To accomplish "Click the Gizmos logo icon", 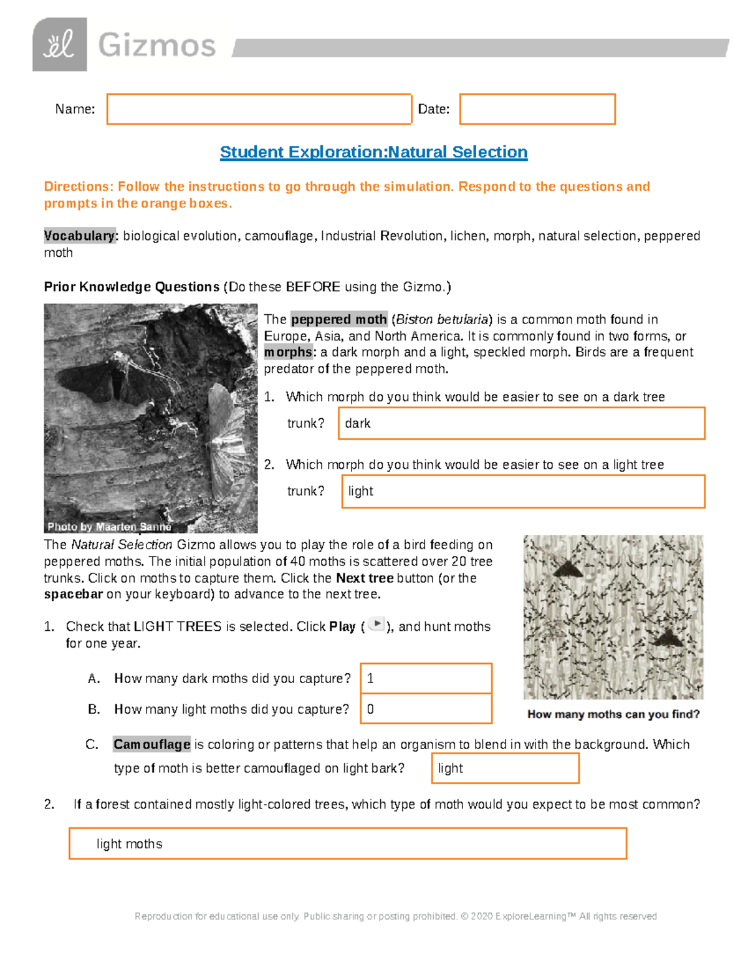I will pos(59,45).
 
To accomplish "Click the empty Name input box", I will pos(259,109).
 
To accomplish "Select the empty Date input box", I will pos(537,109).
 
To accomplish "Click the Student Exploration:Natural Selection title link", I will pos(373,152).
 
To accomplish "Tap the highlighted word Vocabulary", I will pos(79,236).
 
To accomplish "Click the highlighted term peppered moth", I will pos(339,319).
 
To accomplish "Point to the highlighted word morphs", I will pos(288,352).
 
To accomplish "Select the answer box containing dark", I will pos(521,423).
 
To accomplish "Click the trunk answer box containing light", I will pos(523,491).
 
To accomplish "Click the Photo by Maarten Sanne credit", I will pos(109,527).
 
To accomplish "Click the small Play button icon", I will pos(376,624).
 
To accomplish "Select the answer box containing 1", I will pos(426,678).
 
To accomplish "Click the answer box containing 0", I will pos(426,709).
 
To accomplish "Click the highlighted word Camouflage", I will pos(151,744).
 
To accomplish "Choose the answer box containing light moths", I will pos(347,844).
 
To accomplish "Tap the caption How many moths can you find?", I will pos(613,714).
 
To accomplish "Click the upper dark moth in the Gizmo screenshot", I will pos(568,568).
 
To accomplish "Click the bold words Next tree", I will pos(365,578).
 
